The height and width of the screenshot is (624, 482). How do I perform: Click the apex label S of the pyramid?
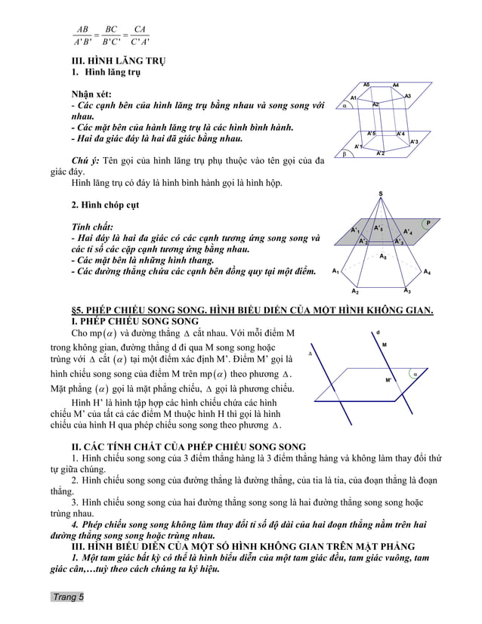[x=379, y=194]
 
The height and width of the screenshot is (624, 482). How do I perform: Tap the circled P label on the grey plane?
[x=428, y=223]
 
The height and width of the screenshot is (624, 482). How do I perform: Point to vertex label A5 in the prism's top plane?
[x=366, y=84]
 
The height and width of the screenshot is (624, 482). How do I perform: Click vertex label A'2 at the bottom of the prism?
[x=380, y=153]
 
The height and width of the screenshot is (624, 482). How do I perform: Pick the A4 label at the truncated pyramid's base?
[x=428, y=271]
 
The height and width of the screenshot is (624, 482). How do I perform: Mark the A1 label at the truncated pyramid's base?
[x=335, y=270]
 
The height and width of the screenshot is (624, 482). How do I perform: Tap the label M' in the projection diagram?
[x=388, y=380]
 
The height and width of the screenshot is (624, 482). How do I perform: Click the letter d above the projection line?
[x=378, y=332]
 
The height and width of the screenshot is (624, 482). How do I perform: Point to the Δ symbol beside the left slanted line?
[x=311, y=353]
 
